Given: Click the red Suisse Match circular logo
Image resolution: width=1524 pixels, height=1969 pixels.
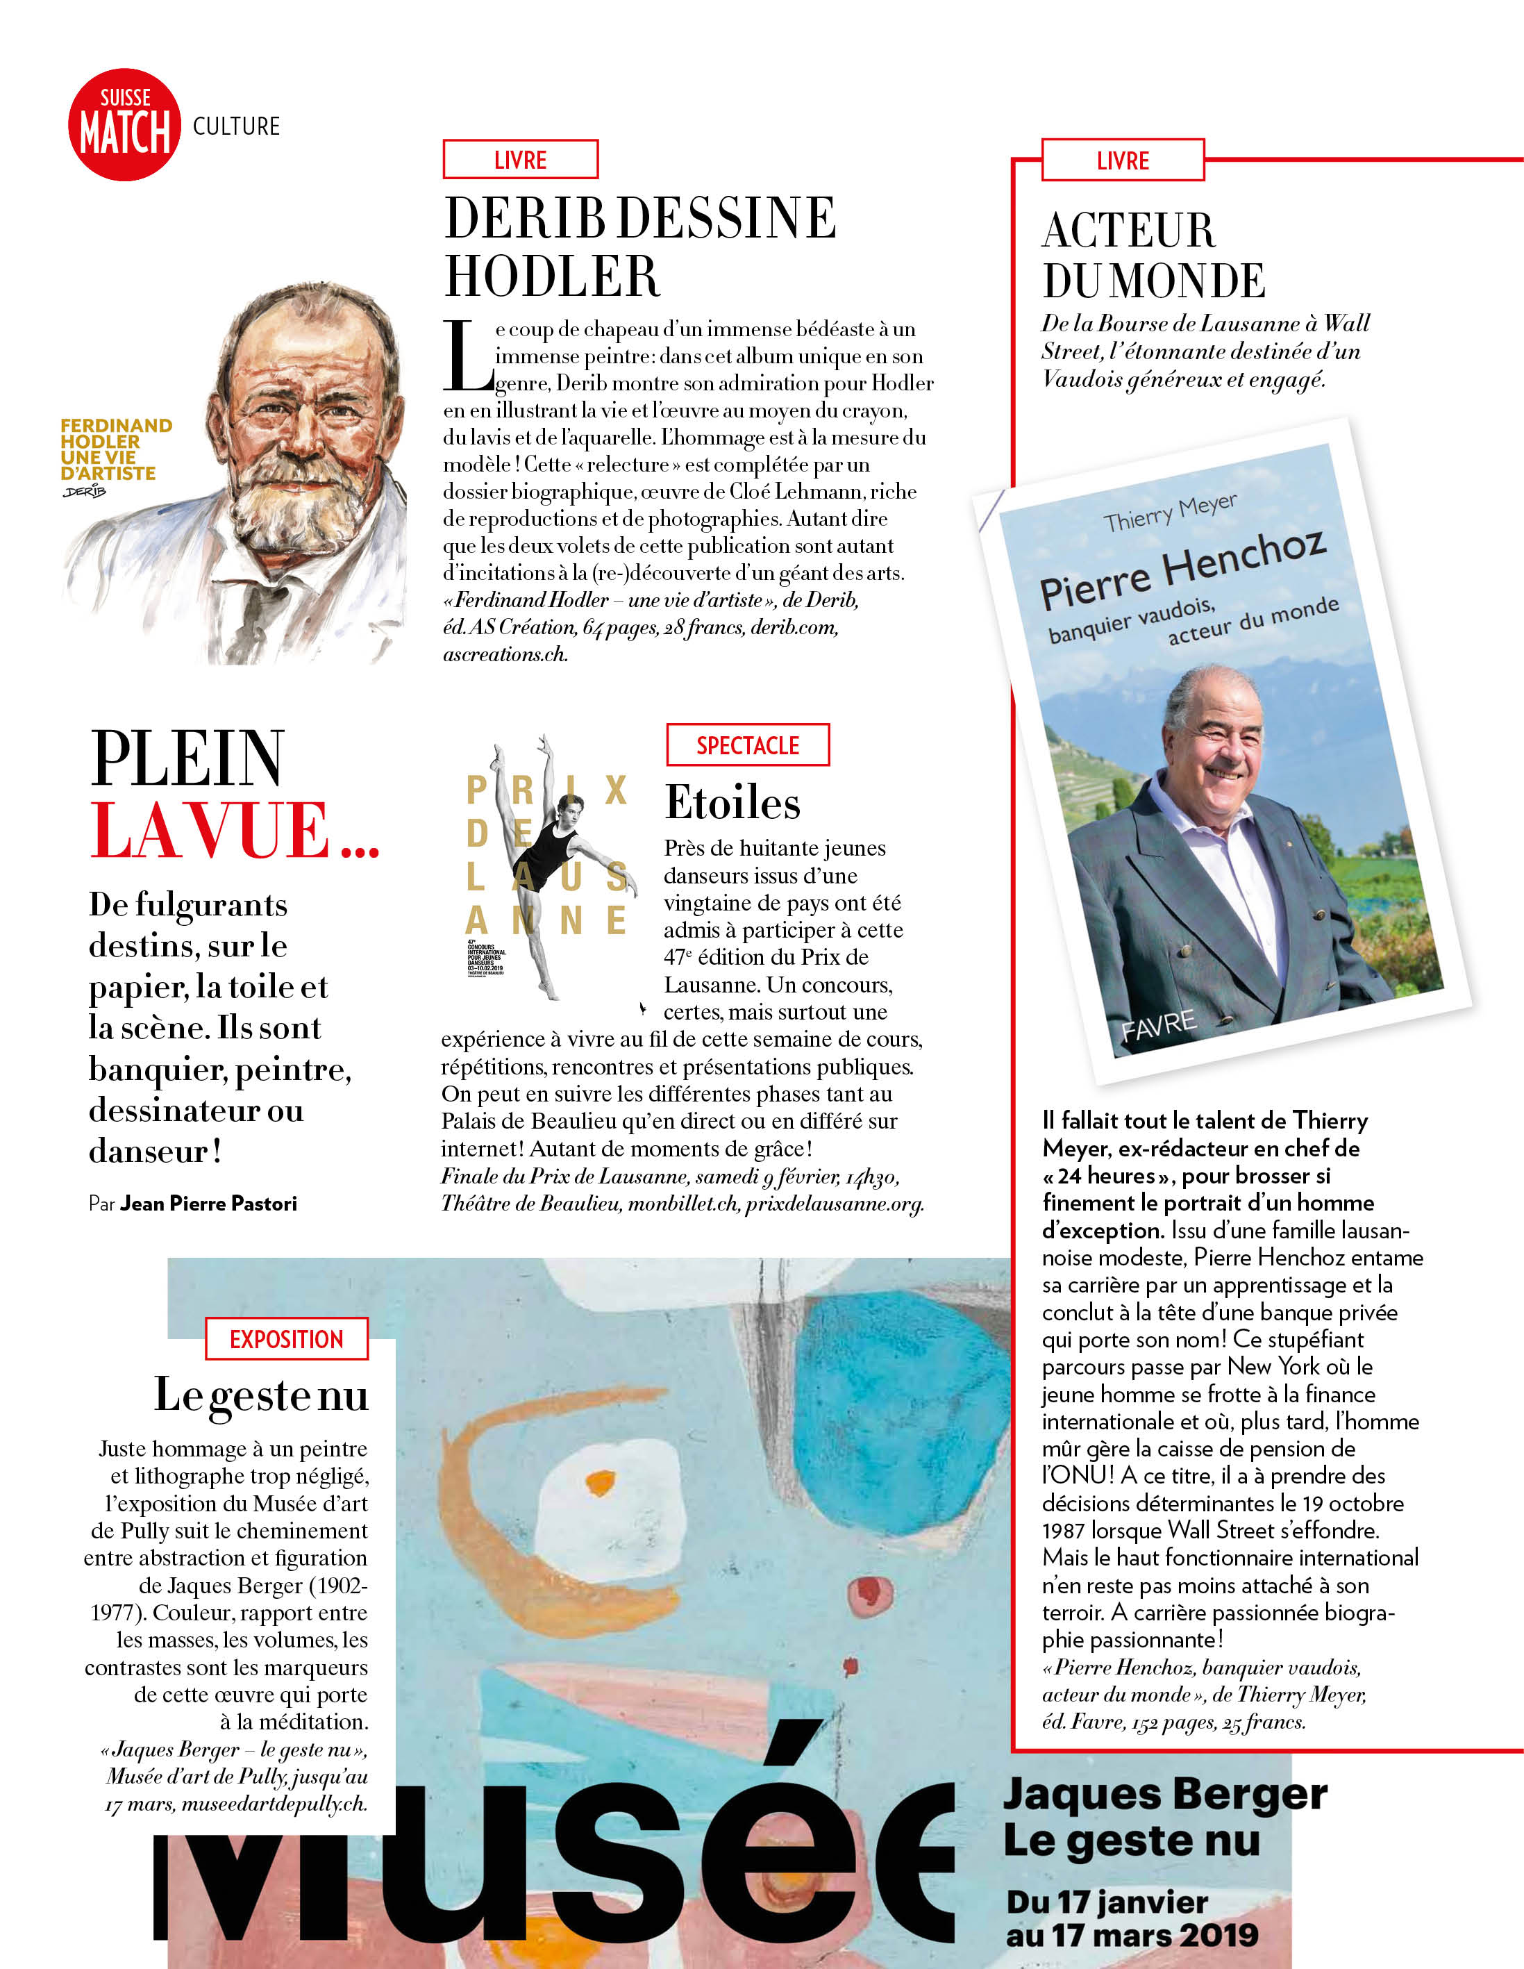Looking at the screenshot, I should click(124, 124).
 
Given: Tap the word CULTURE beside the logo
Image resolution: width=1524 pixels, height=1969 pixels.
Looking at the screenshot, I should click(236, 126).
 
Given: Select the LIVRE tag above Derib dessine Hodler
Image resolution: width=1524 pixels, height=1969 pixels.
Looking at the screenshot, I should click(520, 160).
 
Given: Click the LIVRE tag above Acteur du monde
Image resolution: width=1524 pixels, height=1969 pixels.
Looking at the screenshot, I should click(1122, 160).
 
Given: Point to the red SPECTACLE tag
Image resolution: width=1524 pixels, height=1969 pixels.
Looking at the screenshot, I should click(747, 745).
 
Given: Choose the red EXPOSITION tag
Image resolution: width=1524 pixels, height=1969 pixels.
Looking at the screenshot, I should click(287, 1339).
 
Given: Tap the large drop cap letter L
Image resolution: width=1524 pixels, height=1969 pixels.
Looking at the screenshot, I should click(466, 357).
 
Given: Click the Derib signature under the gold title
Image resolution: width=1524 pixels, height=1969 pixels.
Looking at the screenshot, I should click(85, 491).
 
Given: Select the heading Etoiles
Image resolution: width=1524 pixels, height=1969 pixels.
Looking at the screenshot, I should click(732, 802).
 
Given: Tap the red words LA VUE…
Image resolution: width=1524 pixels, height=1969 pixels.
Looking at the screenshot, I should click(234, 831).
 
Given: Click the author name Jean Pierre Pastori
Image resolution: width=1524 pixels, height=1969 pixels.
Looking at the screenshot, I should click(208, 1204).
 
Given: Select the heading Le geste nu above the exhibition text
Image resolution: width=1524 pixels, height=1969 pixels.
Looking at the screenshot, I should click(261, 1395).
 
